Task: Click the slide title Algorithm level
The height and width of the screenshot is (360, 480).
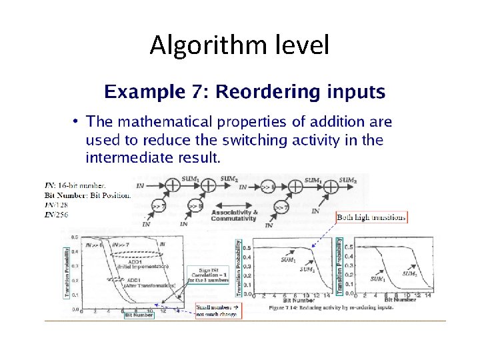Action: point(239,45)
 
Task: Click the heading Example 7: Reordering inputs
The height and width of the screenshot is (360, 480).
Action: point(243,91)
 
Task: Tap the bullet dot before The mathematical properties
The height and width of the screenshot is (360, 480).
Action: point(77,121)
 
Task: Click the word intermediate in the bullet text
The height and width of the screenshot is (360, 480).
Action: point(140,158)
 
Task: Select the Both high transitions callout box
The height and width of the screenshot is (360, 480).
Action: point(371,217)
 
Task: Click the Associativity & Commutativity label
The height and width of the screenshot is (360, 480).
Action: point(233,214)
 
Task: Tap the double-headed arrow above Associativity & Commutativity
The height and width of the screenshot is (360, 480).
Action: point(233,204)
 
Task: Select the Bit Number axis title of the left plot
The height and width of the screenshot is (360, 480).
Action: point(139,315)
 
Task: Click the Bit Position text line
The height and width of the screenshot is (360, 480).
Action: point(87,195)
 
